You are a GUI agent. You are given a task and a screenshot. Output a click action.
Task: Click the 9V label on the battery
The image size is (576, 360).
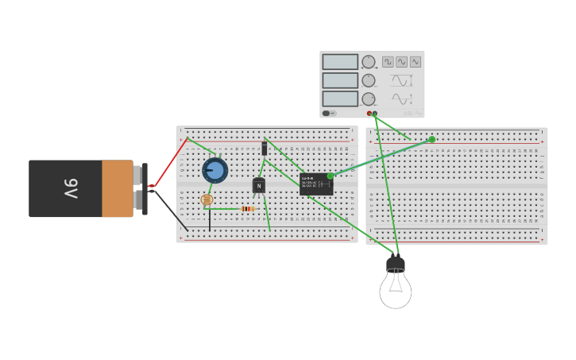[x=70, y=189]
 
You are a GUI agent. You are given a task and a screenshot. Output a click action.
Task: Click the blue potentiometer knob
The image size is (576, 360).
[x=215, y=170]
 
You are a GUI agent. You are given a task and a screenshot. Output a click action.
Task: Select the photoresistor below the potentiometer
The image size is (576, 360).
[x=207, y=199]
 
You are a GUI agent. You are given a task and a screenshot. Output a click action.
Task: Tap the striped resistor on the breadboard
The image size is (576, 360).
[x=247, y=209]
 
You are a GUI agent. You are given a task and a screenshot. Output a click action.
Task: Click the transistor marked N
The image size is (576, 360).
[x=258, y=186]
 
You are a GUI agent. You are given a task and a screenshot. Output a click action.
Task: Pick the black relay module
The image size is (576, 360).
[x=315, y=184]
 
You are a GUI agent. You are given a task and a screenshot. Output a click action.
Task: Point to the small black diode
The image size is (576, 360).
[x=264, y=148]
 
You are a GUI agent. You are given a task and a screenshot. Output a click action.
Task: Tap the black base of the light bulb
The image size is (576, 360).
[x=396, y=264]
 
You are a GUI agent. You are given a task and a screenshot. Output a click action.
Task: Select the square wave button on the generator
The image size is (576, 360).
[x=388, y=62]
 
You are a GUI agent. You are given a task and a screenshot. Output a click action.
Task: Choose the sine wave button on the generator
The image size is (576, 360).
[x=401, y=62]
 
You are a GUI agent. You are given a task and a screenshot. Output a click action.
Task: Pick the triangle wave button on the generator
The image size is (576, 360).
[x=415, y=62]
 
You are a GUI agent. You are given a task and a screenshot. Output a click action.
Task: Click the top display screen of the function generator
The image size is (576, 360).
[x=340, y=62]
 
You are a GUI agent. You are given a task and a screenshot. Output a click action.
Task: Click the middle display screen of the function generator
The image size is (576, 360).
[x=340, y=80]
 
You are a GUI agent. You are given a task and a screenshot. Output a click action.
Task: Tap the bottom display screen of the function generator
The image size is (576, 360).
[x=340, y=99]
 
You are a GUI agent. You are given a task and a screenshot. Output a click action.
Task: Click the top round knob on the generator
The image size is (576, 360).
[x=369, y=62]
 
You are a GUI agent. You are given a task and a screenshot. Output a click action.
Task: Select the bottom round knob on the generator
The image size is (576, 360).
[x=369, y=99]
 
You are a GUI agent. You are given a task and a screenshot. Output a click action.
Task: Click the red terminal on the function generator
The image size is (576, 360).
[x=369, y=114]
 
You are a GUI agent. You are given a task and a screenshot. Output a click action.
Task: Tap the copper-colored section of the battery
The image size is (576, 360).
[x=117, y=189]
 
